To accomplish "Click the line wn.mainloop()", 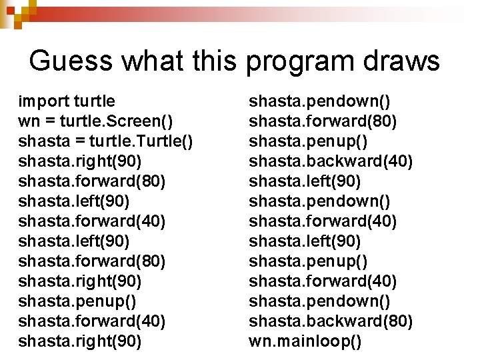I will coord(305,342).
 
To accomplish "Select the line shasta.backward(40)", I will coord(331,161).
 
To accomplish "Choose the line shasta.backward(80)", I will coord(331,321).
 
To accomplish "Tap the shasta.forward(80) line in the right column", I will coord(323,121).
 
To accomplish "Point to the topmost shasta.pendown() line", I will coord(320,101).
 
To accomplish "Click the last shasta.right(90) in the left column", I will coord(80,341).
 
